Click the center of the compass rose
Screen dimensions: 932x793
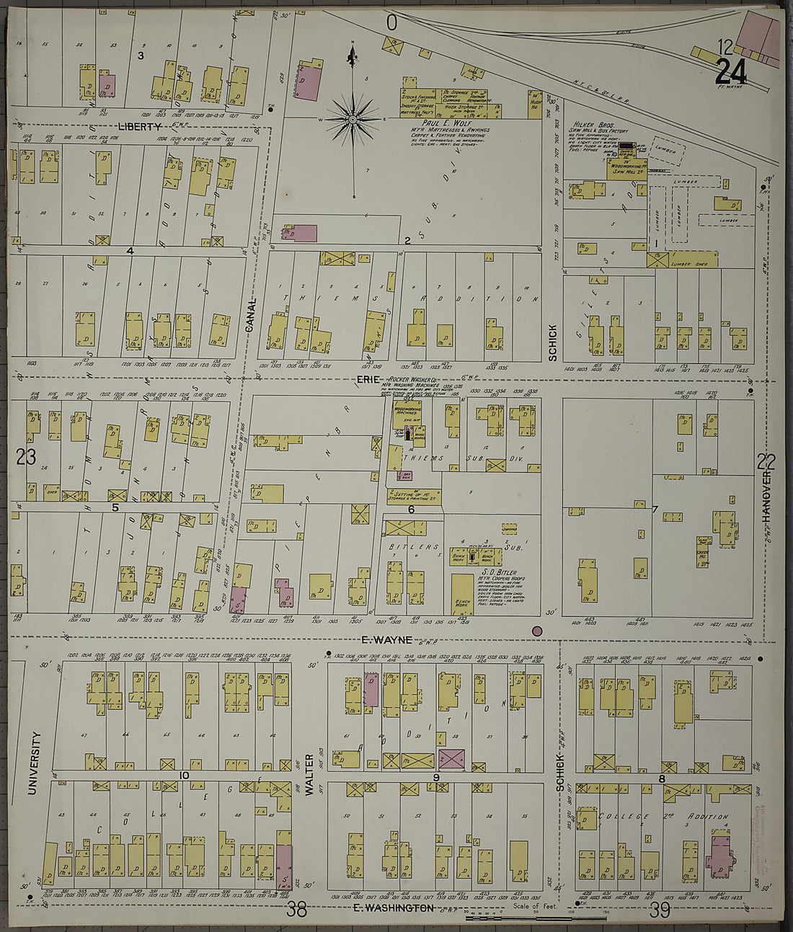[x=353, y=118]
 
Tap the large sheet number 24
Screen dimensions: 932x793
[x=731, y=71]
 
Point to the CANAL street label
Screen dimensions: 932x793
[x=251, y=316]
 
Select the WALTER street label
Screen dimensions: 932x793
[x=310, y=775]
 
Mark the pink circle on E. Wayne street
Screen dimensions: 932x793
[x=536, y=631]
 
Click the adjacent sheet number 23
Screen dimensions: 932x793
[x=26, y=457]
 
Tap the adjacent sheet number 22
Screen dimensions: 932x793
[x=766, y=461]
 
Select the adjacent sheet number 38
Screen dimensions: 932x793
[x=296, y=910]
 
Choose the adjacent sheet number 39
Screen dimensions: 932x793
[x=660, y=910]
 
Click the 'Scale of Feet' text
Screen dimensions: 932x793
[x=533, y=906]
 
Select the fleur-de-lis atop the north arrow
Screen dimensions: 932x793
[x=353, y=55]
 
